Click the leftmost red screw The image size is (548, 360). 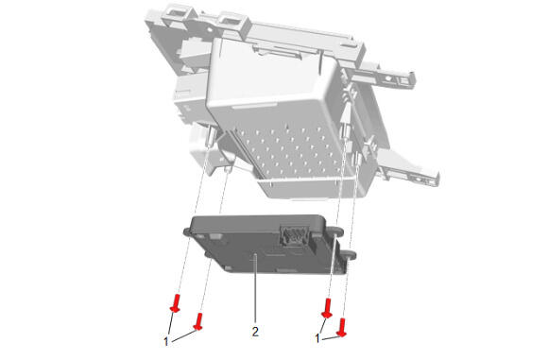click(x=176, y=303)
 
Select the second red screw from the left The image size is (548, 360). click(x=198, y=321)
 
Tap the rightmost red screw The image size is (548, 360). click(x=342, y=328)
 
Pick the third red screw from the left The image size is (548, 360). click(x=327, y=308)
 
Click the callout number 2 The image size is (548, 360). click(x=255, y=332)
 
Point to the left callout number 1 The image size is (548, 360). click(x=166, y=341)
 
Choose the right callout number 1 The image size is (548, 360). click(x=317, y=338)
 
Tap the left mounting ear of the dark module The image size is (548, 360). click(x=187, y=231)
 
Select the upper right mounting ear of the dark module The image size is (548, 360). click(x=336, y=231)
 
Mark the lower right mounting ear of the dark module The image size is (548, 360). click(x=350, y=255)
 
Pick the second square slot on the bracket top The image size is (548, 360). click(x=230, y=22)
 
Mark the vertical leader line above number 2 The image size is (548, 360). click(x=256, y=289)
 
